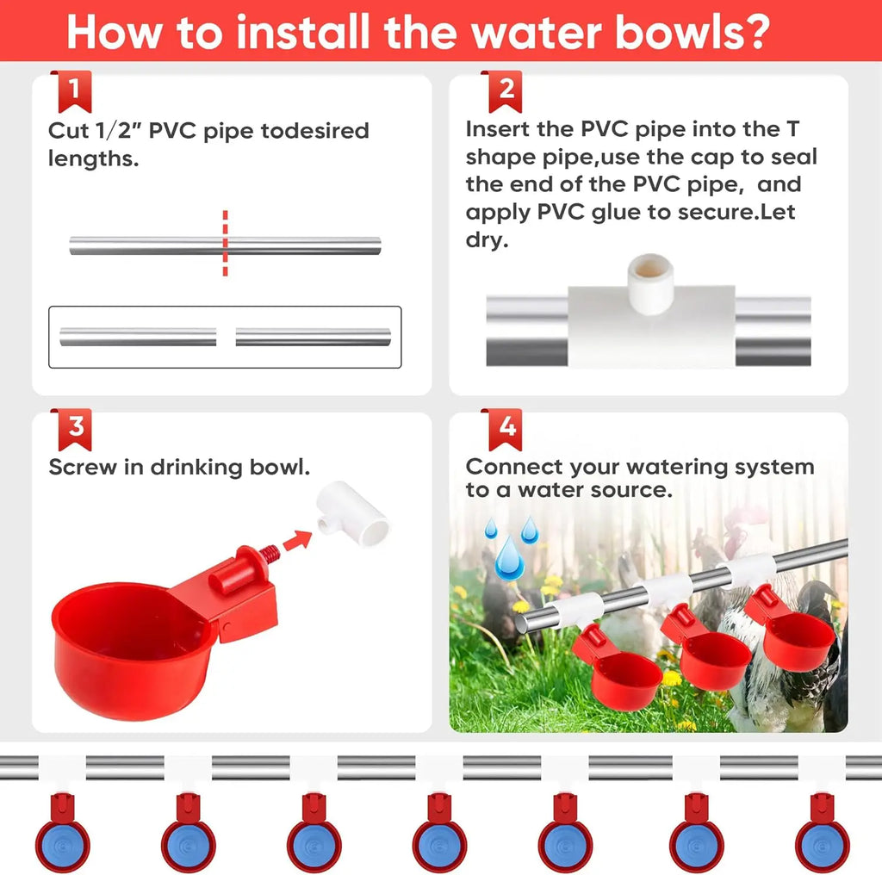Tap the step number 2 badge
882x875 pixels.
[x=505, y=91]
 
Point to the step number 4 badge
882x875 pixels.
[x=505, y=429]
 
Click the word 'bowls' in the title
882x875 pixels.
[x=693, y=33]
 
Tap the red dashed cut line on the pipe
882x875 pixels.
[x=225, y=244]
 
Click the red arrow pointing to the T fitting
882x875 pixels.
[x=297, y=540]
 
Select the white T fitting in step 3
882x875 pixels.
[x=352, y=512]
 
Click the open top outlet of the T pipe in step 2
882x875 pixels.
[x=650, y=268]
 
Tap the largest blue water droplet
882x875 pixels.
[x=510, y=558]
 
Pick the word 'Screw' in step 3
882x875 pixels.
[x=82, y=467]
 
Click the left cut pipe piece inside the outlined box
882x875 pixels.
[x=138, y=337]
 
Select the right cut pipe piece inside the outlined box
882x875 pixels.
[x=314, y=337]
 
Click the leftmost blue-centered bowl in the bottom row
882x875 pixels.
[x=62, y=833]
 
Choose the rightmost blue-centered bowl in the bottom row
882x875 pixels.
[x=822, y=833]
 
